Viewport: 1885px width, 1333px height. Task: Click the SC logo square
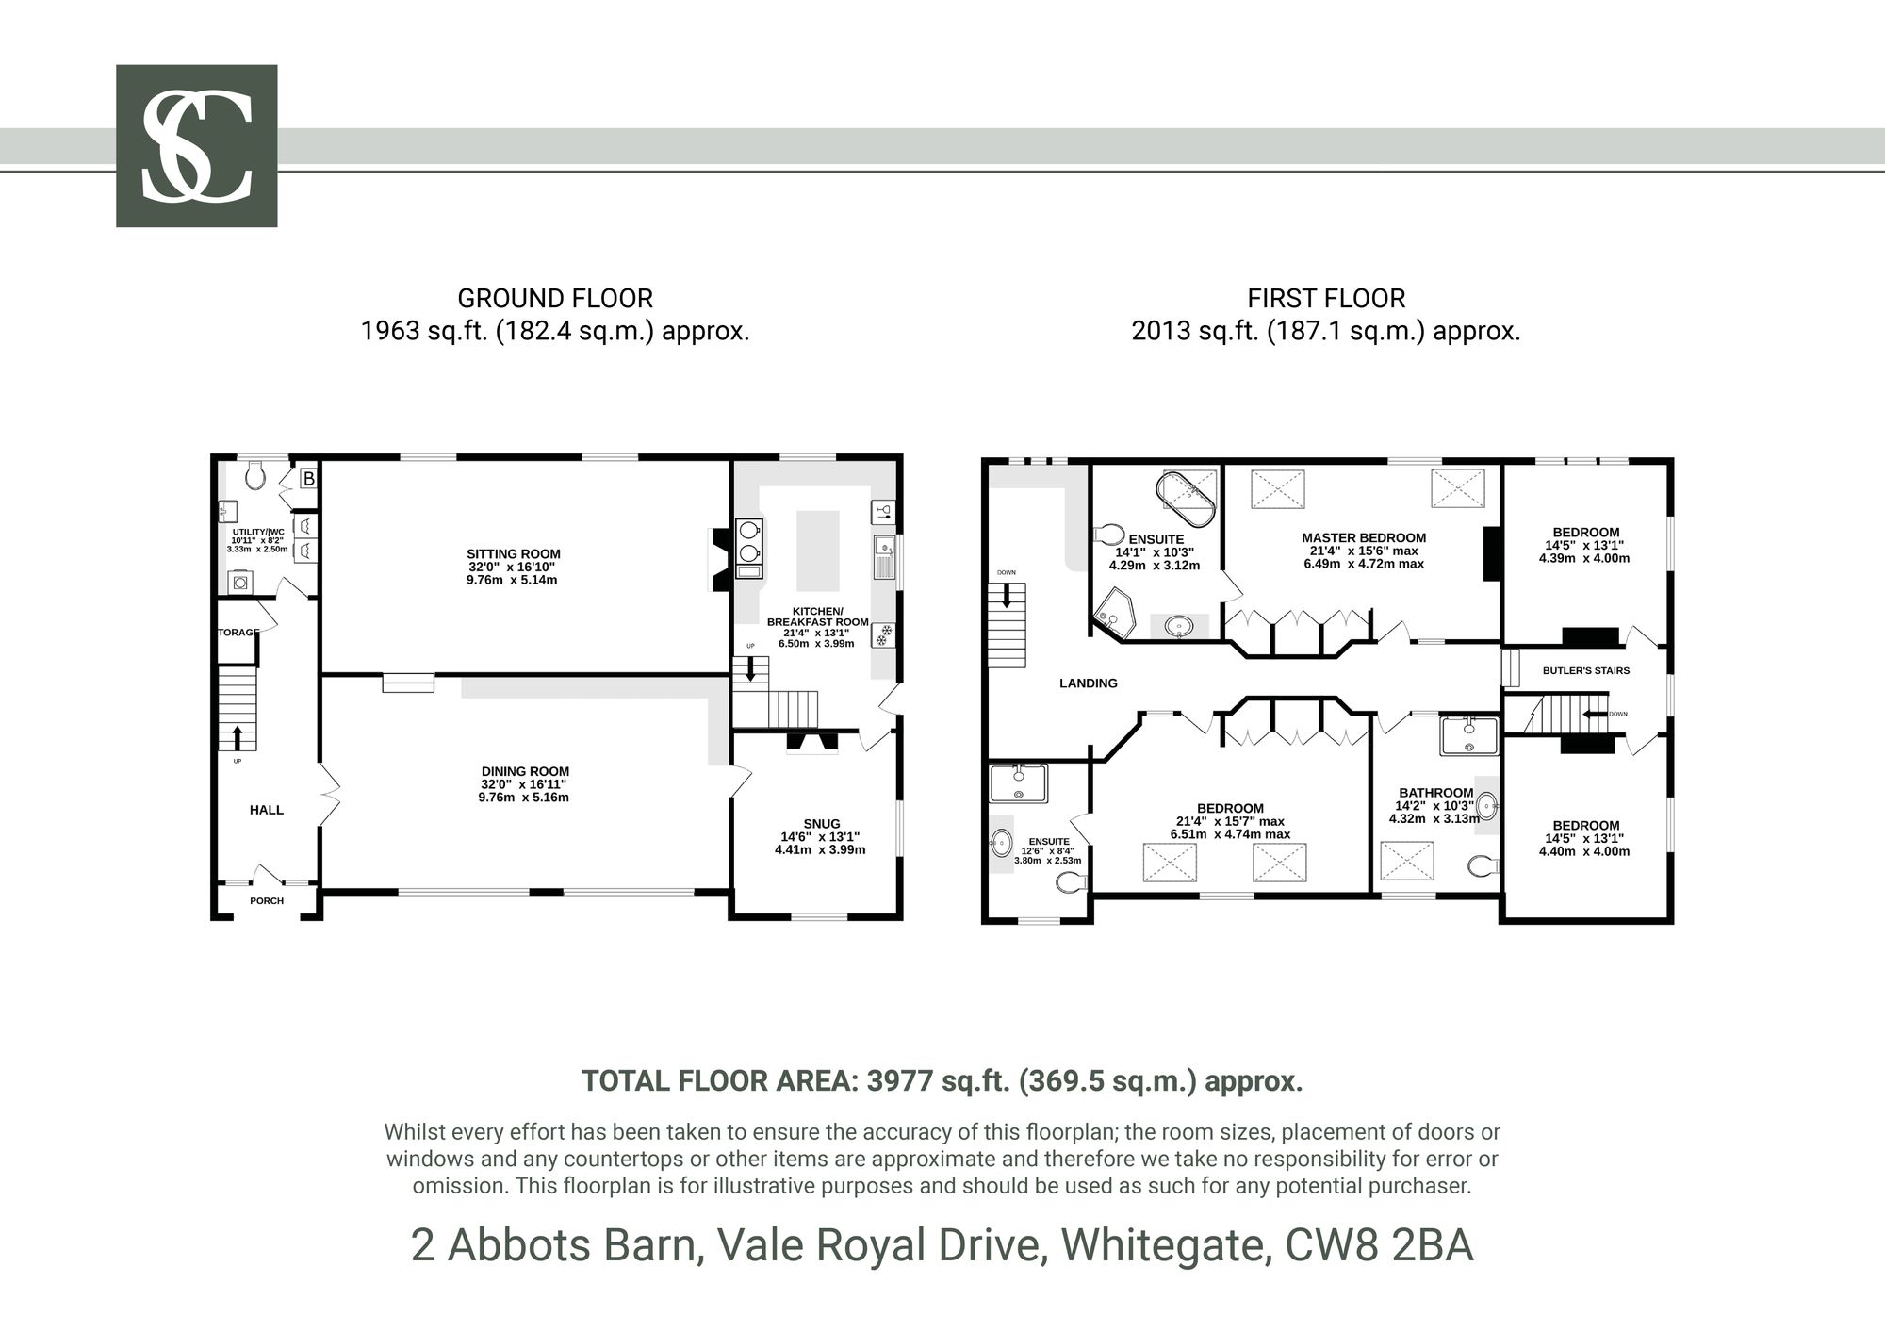(x=196, y=146)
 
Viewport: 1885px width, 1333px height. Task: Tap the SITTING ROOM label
(x=514, y=554)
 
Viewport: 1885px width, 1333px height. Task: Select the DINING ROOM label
(x=525, y=771)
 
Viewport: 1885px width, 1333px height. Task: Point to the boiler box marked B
(x=308, y=479)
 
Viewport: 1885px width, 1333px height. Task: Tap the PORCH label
(x=267, y=900)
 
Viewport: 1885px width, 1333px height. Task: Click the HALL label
(x=267, y=810)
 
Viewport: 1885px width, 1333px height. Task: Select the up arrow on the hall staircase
(x=237, y=737)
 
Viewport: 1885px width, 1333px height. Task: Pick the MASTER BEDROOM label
(x=1364, y=538)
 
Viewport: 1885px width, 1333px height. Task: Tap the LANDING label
(x=1089, y=683)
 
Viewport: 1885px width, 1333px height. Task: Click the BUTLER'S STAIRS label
(x=1586, y=671)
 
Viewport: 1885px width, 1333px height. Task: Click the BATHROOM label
(x=1436, y=793)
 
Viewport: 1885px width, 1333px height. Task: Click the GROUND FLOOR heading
(x=555, y=299)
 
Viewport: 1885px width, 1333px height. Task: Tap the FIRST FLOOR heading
(x=1326, y=299)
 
